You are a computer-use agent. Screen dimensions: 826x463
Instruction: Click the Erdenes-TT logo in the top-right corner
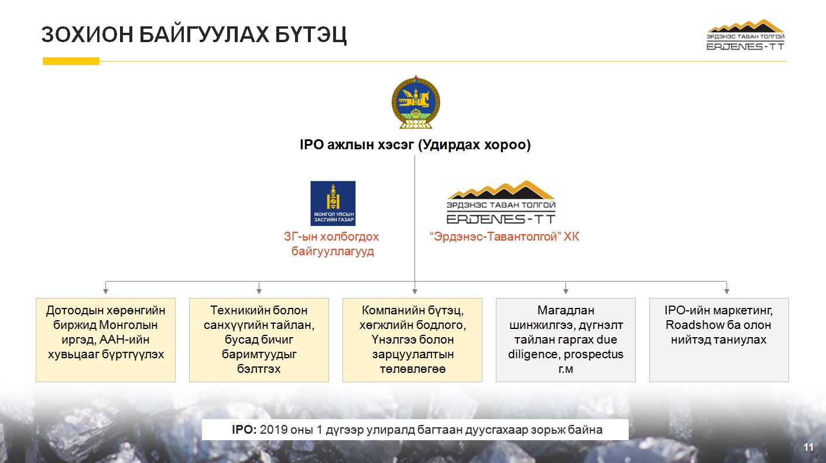tap(745, 35)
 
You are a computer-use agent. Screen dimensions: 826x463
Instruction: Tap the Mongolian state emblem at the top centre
tap(416, 102)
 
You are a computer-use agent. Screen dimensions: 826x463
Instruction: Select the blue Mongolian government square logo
tap(333, 203)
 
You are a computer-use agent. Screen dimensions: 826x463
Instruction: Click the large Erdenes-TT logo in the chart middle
tap(501, 202)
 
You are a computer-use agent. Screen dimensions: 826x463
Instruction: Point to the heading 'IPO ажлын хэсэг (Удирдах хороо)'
tap(415, 145)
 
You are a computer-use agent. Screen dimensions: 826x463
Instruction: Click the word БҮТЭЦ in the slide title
tap(310, 35)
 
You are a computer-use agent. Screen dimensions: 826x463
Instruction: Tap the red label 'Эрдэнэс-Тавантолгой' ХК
tap(504, 236)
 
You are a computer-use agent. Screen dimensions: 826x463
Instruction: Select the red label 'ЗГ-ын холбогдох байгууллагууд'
tap(332, 243)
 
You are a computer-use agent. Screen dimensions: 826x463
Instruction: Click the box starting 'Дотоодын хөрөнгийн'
tap(105, 340)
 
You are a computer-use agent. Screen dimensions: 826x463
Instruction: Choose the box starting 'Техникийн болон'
tap(259, 340)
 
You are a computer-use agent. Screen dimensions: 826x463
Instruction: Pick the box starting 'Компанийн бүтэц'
tap(412, 340)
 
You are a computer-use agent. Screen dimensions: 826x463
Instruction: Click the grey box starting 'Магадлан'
tap(565, 340)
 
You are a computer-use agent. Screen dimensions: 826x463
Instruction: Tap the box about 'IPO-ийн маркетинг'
tap(719, 340)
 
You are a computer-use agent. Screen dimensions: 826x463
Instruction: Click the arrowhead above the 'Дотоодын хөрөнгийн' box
tap(106, 291)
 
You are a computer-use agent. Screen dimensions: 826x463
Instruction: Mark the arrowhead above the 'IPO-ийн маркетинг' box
tap(727, 291)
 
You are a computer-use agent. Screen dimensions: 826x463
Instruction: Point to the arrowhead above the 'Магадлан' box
tap(565, 291)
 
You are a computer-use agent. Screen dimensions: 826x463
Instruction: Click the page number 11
tap(808, 447)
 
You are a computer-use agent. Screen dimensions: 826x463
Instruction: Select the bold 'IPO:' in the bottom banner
tap(244, 430)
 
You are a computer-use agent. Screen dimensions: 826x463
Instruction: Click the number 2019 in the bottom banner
tap(274, 430)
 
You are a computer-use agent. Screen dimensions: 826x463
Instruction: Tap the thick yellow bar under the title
tap(71, 61)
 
